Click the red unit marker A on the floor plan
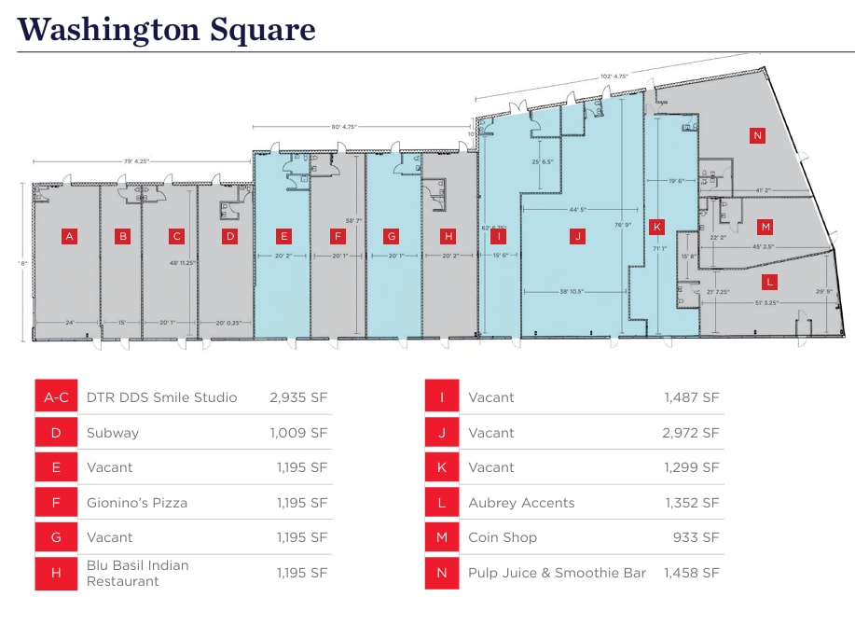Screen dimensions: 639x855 point(68,236)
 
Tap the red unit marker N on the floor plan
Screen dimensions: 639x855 point(757,135)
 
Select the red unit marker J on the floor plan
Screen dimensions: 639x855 point(578,236)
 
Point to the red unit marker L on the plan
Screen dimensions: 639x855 point(770,281)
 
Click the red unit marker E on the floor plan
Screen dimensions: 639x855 point(284,236)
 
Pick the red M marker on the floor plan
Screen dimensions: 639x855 point(765,227)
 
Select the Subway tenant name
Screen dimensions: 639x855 point(113,433)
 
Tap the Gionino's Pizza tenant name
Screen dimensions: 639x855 point(137,503)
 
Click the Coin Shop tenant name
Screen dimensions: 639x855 point(503,537)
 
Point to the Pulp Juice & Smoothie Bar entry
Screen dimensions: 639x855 point(558,573)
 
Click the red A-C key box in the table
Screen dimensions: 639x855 point(57,397)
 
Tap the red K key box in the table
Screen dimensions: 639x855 point(442,467)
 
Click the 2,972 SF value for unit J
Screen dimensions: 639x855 point(692,433)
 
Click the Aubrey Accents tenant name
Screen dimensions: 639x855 point(521,503)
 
